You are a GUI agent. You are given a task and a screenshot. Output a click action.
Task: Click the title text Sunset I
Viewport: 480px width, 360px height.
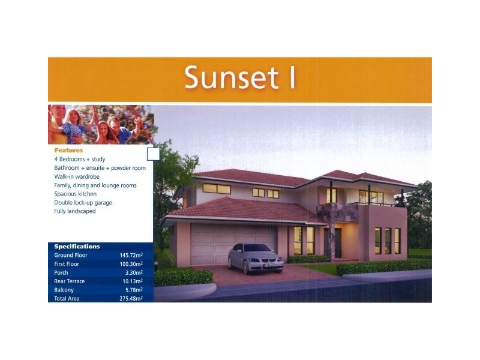point(240,79)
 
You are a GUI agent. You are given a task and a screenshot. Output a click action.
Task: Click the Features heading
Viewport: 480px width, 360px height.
point(68,151)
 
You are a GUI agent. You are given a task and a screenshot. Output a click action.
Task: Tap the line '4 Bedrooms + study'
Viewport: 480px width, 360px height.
point(78,160)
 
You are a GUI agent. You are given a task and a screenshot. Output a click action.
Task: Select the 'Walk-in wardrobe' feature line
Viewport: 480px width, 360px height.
point(77,177)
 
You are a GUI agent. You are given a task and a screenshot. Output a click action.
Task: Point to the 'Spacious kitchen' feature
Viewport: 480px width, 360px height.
point(75,194)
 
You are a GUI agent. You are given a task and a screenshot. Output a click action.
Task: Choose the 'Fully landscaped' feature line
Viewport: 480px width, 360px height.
point(75,211)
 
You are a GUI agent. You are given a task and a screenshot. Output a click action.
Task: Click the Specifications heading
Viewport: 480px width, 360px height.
point(77,247)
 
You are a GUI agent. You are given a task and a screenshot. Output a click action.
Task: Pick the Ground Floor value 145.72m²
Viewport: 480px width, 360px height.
point(131,256)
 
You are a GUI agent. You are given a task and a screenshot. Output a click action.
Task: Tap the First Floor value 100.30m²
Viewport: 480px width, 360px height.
point(131,264)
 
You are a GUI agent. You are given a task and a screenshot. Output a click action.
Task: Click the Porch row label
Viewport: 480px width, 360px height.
point(61,272)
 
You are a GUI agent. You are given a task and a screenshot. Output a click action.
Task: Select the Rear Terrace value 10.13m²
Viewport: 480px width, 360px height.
point(133,281)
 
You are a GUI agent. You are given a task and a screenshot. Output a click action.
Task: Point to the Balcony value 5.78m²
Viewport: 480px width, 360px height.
point(134,290)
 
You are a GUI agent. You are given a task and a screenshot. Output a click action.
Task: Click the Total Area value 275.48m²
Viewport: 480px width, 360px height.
point(131,298)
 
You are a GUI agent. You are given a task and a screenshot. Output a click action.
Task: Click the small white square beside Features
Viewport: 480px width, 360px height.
point(153,154)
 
